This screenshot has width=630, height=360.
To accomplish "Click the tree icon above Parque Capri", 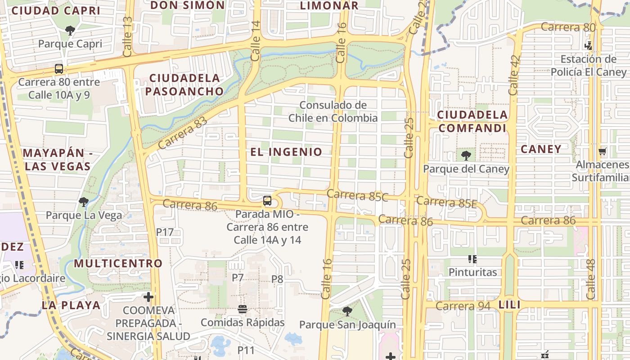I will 70,31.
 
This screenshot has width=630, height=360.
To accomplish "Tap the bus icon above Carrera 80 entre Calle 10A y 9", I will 59,69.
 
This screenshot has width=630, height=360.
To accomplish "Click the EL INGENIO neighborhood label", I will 286,152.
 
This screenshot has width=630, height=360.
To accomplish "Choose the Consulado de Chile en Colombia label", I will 333,112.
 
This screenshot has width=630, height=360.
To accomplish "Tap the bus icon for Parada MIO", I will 267,201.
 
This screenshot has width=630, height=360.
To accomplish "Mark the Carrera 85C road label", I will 358,196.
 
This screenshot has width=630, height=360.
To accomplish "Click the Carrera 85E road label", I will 446,202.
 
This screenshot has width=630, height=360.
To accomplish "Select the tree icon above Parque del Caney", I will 466,156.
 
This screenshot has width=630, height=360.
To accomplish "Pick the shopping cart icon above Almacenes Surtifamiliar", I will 603,151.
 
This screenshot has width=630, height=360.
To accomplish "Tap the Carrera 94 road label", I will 463,306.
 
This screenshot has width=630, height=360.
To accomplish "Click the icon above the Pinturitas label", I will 472,259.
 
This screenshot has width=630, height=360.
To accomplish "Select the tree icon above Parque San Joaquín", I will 347,311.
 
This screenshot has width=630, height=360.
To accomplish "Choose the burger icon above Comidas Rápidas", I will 243,309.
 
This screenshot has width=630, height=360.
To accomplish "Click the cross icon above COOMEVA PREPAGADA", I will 148,297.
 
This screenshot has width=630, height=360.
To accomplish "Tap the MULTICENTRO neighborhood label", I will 118,264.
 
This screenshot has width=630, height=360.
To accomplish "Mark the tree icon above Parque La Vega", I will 83,202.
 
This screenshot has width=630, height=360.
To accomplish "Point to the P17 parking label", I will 165,232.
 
